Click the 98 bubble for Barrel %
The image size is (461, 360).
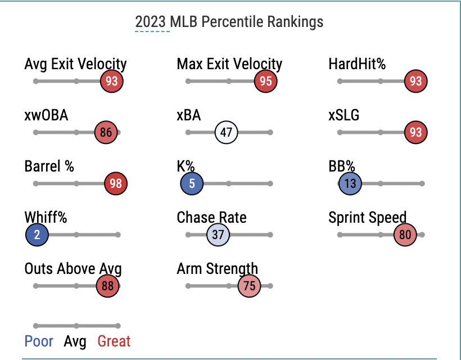[116, 184]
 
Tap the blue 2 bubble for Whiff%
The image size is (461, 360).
[37, 235]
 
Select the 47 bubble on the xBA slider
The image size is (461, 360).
[227, 133]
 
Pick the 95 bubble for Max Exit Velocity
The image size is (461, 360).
[266, 82]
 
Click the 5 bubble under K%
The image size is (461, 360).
[192, 184]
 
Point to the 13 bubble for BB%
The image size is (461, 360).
[350, 184]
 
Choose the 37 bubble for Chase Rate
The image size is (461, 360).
[218, 235]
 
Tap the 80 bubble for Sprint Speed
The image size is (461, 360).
[405, 235]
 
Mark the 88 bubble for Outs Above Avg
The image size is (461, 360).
[107, 286]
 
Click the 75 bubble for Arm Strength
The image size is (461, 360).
[250, 286]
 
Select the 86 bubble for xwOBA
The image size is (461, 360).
[106, 133]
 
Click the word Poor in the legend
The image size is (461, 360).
[39, 341]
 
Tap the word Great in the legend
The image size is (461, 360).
[114, 341]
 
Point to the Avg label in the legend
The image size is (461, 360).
[75, 341]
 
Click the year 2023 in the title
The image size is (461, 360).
[151, 22]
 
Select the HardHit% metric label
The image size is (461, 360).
[357, 64]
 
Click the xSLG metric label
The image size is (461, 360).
[344, 115]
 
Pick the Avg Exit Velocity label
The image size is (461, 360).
[76, 64]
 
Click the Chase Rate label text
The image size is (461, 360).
[211, 217]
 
